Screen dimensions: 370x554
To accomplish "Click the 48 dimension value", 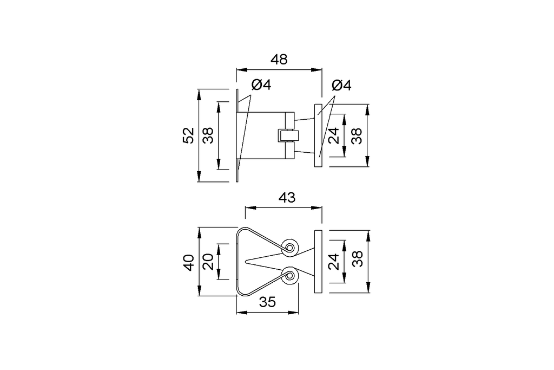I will [279, 60].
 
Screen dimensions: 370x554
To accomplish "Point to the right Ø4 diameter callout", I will [341, 85].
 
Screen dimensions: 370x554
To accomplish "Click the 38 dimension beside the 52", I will [208, 135].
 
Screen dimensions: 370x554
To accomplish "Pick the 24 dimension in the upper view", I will [334, 135].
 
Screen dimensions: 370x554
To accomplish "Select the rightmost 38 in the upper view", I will [357, 135].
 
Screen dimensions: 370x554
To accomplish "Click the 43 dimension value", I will [287, 198].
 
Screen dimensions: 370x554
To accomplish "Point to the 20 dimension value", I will [208, 263].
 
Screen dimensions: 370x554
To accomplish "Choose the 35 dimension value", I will [267, 303].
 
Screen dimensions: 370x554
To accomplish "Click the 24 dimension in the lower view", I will [334, 262].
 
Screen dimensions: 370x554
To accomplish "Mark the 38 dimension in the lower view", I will [357, 262].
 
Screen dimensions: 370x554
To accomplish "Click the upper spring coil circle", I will [291, 248].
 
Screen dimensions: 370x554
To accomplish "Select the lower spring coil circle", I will [291, 277].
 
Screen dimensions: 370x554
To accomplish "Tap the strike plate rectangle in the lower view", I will [318, 262].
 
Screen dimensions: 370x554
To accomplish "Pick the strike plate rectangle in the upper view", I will [318, 135].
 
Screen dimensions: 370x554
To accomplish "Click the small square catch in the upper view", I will [285, 135].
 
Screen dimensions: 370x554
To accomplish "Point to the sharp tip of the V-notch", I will [246, 262].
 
